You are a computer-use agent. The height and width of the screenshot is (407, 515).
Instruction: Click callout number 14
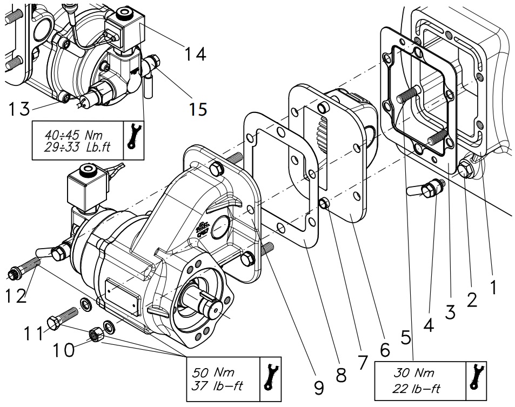[195, 54]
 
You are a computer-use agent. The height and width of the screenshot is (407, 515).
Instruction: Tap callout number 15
[198, 109]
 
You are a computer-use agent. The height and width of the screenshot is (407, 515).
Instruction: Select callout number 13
[19, 109]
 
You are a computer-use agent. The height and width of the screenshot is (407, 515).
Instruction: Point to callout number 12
[16, 297]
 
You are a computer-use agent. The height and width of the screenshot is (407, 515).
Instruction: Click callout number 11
[34, 333]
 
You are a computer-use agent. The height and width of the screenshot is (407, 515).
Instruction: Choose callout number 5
[406, 337]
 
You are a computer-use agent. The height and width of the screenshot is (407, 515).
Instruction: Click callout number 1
[493, 287]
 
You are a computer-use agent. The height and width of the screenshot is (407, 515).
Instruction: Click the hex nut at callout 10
[97, 336]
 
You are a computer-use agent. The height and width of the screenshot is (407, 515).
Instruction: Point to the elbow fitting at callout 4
[426, 190]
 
